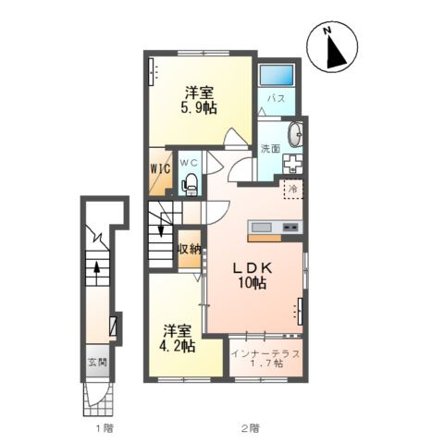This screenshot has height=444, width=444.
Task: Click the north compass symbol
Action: [332, 48]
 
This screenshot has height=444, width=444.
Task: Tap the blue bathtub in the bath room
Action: [277, 74]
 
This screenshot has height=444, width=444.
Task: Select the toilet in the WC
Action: [190, 184]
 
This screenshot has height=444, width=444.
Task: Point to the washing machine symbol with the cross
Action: [292, 163]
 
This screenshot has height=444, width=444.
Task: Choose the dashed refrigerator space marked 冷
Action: [293, 189]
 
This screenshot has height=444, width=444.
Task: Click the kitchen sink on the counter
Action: [262, 228]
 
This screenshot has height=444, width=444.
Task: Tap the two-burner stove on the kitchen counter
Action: [290, 228]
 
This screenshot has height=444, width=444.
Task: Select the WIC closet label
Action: [160, 168]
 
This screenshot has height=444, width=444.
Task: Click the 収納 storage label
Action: [189, 250]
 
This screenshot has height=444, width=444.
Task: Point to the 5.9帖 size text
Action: [199, 108]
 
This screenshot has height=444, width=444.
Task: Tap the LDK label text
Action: [253, 268]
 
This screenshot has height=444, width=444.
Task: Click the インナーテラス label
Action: [265, 353]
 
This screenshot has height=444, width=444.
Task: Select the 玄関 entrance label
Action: [98, 363]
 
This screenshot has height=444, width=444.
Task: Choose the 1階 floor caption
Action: [105, 428]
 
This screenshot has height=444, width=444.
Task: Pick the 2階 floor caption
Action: [250, 428]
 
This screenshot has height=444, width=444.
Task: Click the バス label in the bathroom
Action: [277, 99]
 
